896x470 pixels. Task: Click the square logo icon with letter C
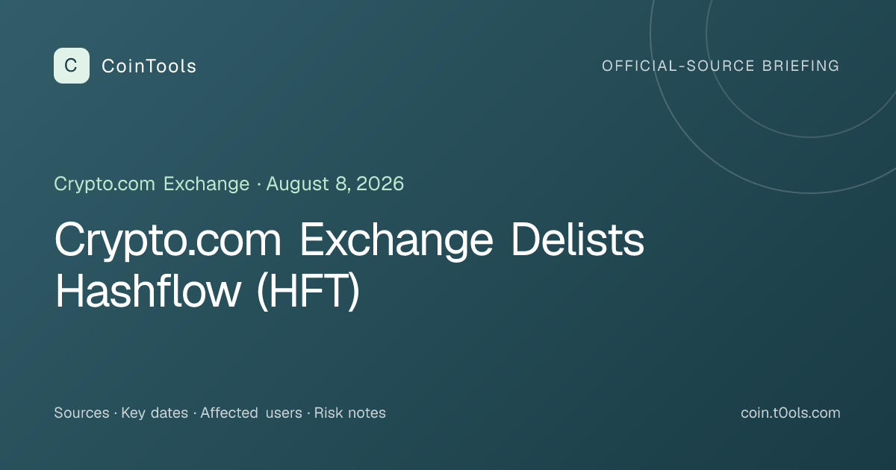coord(72,66)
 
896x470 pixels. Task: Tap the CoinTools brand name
coord(149,66)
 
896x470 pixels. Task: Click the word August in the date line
coord(298,184)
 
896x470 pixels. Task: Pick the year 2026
coord(380,184)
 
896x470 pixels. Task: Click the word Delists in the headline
coord(578,239)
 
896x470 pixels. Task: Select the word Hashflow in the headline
coord(148,290)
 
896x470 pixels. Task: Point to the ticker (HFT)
coord(308,291)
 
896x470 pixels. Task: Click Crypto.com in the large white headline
coord(168,240)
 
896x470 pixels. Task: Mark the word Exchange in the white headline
coord(396,240)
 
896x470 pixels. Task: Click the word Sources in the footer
coord(81,413)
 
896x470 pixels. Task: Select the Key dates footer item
coord(155,413)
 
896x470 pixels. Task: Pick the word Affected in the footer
coord(229,413)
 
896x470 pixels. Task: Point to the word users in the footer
coord(284,413)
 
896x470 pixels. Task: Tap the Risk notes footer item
coord(350,413)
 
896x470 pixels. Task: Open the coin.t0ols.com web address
coord(791,413)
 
